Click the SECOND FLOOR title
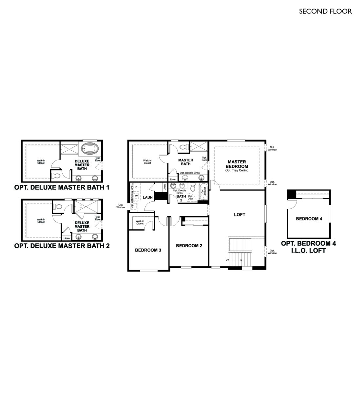[x=325, y=11]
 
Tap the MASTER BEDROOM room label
[x=237, y=164]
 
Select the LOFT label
[x=239, y=215]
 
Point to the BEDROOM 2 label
[x=189, y=246]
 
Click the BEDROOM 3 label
[x=148, y=250]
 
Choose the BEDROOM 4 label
[x=309, y=219]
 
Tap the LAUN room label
[x=147, y=197]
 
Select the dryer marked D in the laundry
[x=136, y=187]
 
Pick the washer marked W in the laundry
[x=136, y=196]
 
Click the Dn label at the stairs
[x=227, y=260]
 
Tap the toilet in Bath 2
[x=193, y=187]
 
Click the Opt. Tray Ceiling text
[x=237, y=170]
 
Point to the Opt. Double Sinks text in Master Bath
[x=189, y=173]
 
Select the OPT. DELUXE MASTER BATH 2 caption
[x=62, y=246]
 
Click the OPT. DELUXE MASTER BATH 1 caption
[x=62, y=187]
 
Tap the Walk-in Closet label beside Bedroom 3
[x=140, y=222]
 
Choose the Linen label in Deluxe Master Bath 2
[x=67, y=238]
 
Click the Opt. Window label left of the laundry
[x=121, y=206]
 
